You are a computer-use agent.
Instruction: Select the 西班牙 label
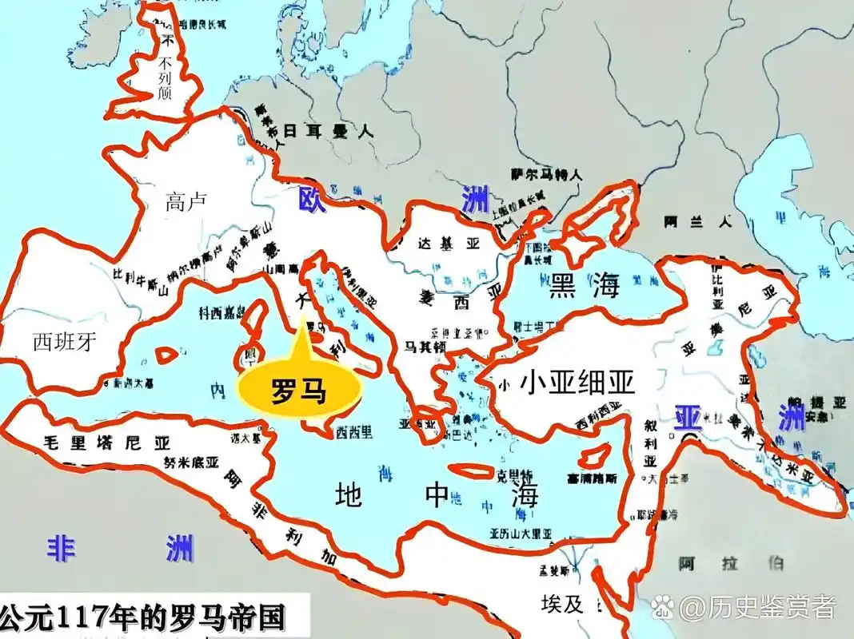pyautogui.click(x=65, y=343)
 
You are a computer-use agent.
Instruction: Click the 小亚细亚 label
pyautogui.click(x=577, y=384)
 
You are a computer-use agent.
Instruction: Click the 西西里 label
pyautogui.click(x=353, y=433)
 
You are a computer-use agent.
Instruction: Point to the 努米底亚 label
pyautogui.click(x=191, y=462)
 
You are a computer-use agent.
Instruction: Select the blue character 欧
pyautogui.click(x=309, y=198)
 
